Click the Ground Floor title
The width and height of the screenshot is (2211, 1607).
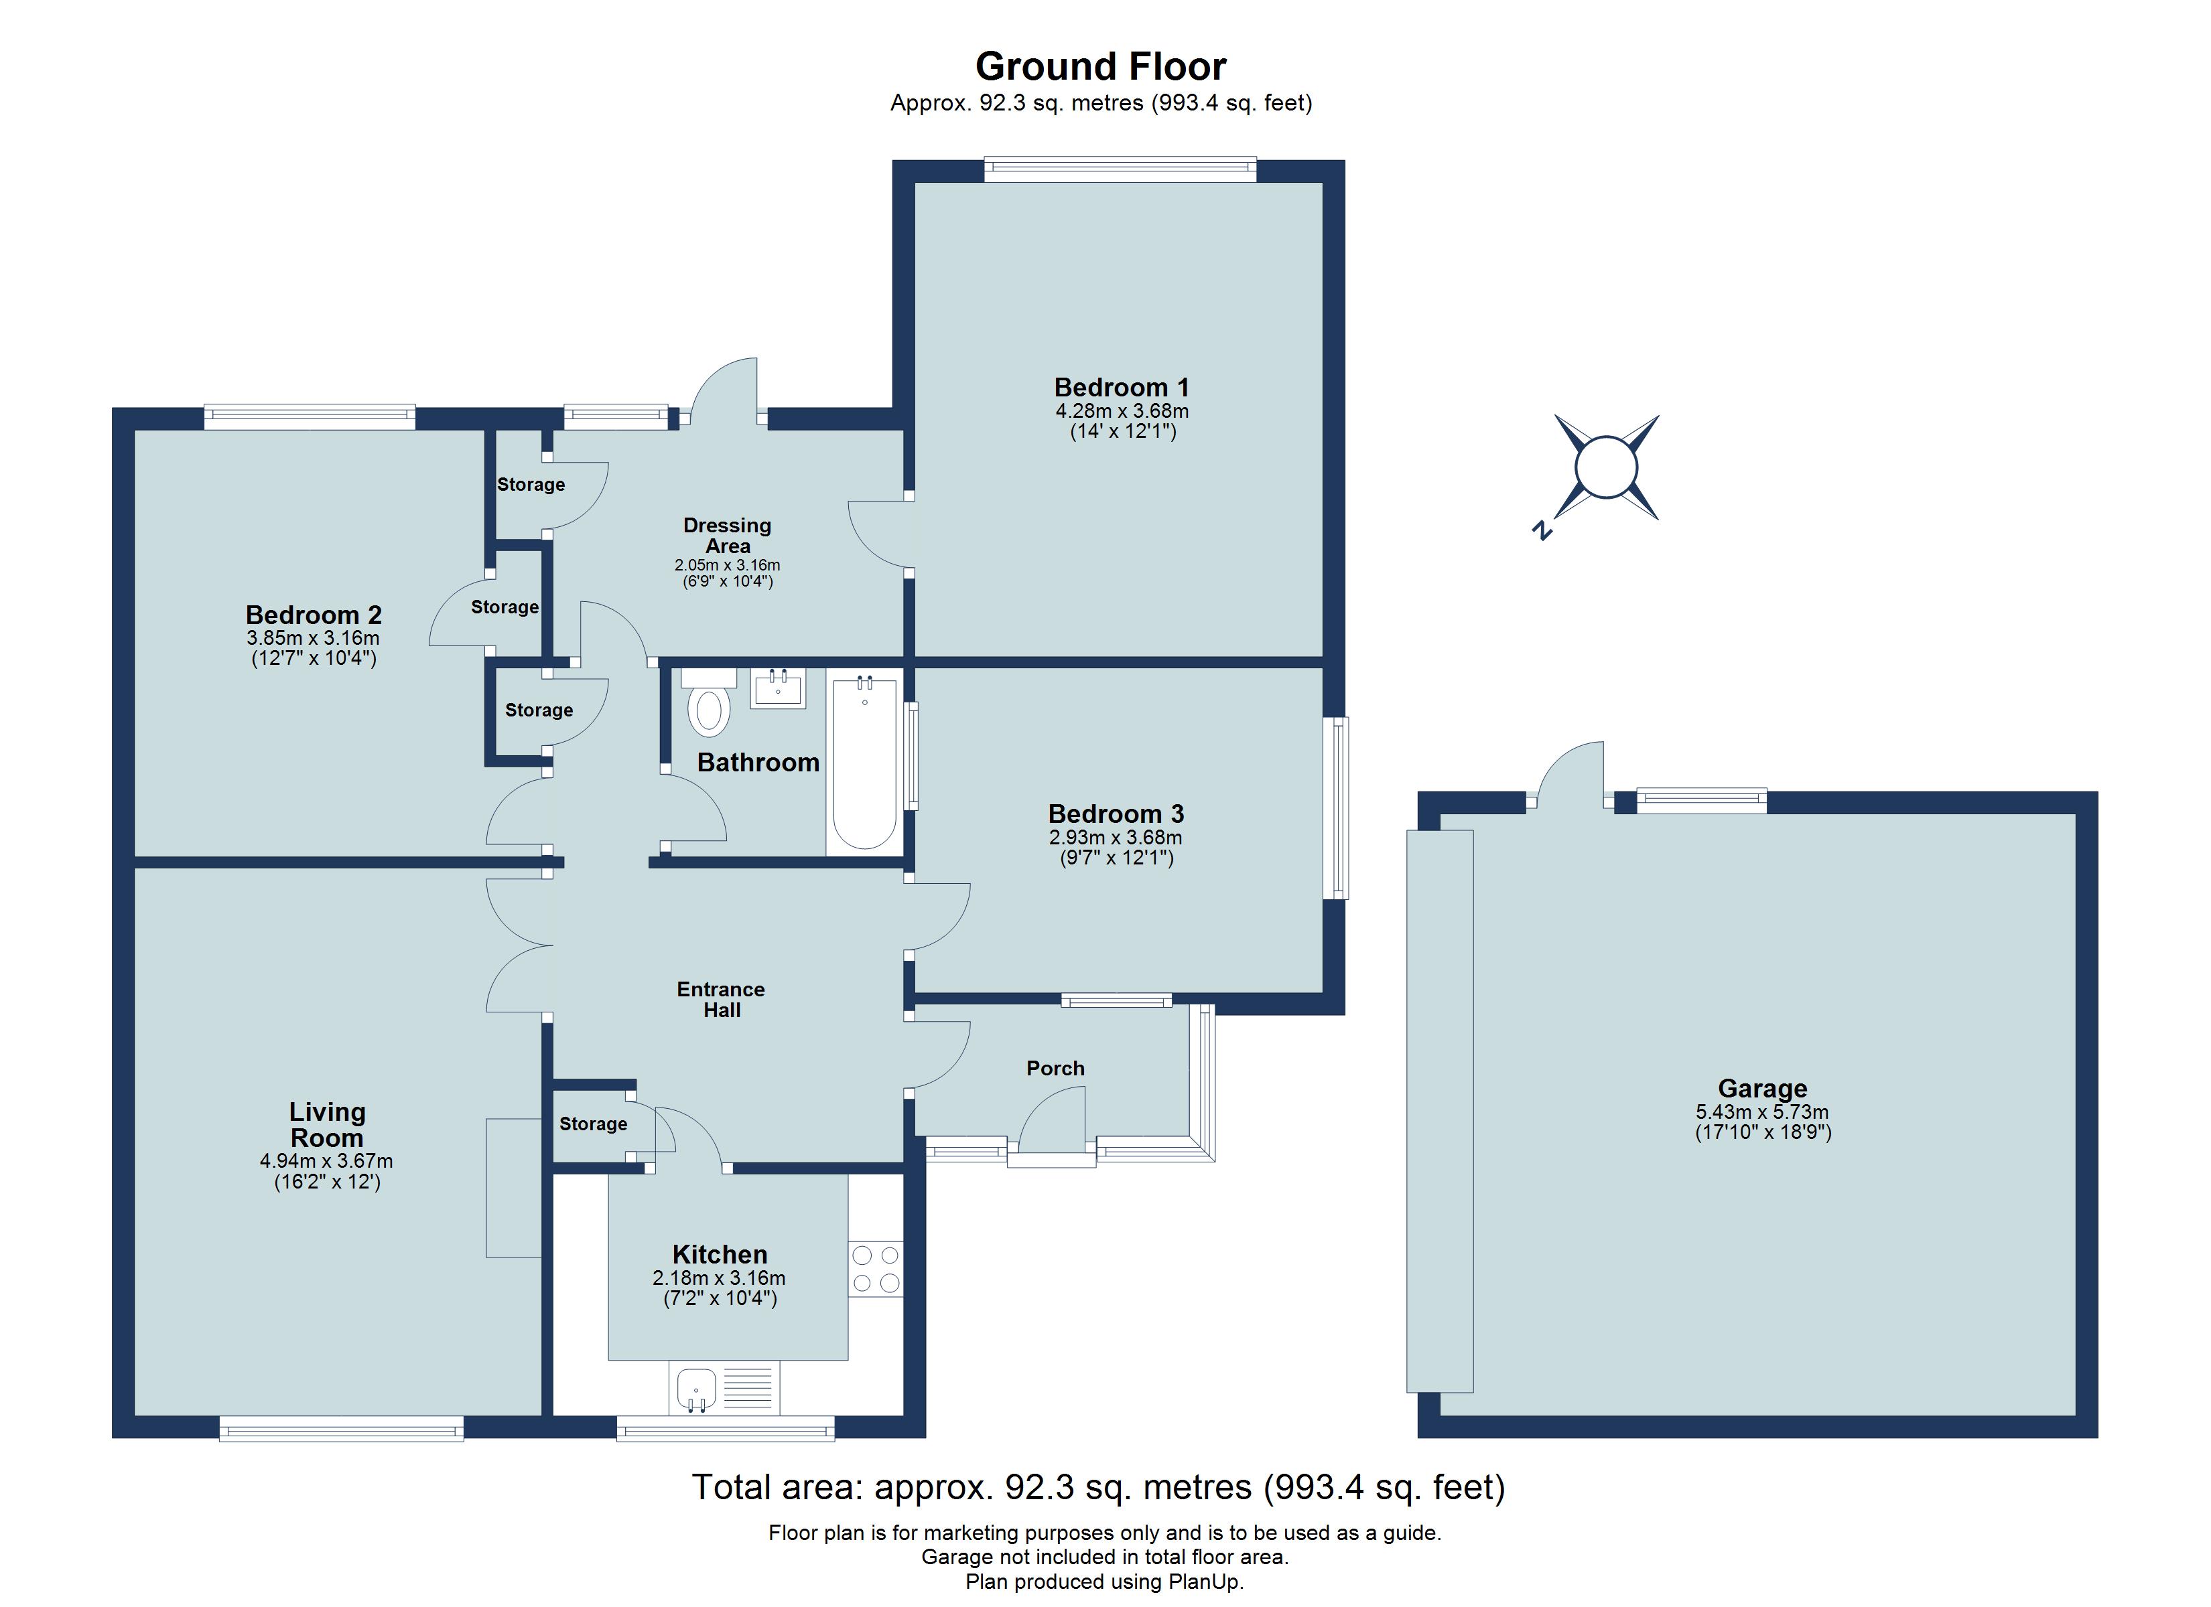click(x=1101, y=67)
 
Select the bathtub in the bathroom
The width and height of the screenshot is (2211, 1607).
click(x=865, y=765)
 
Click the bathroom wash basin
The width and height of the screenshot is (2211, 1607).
click(x=778, y=688)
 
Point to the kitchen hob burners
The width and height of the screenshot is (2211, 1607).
click(x=876, y=1270)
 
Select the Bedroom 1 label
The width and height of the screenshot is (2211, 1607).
click(x=1121, y=388)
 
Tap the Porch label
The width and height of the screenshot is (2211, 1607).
click(x=1055, y=1068)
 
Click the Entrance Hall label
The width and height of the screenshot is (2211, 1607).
click(x=722, y=1000)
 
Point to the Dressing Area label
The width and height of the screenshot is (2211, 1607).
click(x=727, y=536)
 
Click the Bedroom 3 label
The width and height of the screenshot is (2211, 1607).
click(x=1116, y=814)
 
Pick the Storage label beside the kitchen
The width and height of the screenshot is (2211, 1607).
click(x=593, y=1124)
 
